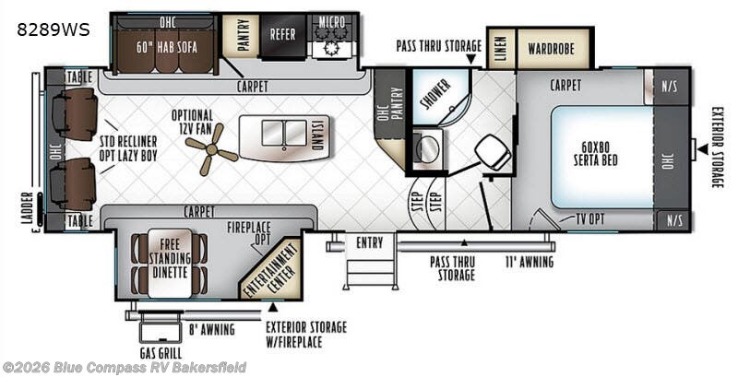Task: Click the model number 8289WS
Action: coord(54,29)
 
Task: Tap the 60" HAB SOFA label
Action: coord(167,47)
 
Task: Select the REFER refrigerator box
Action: coord(282,35)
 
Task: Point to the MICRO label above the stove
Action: coord(332,21)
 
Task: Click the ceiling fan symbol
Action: coord(211,150)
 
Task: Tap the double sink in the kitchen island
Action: coord(284,133)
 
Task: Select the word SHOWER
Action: coord(435,94)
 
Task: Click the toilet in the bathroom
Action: coord(493,152)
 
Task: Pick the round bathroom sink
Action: coord(427,149)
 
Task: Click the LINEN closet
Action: coord(501,49)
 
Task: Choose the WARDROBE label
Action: coord(551,49)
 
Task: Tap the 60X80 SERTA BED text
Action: coord(595,153)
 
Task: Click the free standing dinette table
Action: coord(170,264)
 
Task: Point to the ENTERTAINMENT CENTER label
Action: coord(270,270)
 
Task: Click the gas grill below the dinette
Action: coord(160,333)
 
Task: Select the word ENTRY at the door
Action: coord(370,242)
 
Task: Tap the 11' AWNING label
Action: coord(530,262)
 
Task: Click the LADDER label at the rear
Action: coord(28,207)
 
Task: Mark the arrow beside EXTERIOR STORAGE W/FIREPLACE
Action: coord(272,308)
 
